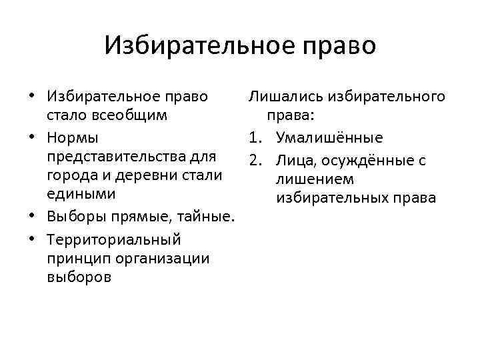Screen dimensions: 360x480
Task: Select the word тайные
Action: pos(209,217)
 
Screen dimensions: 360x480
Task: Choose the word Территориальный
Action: pos(115,239)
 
